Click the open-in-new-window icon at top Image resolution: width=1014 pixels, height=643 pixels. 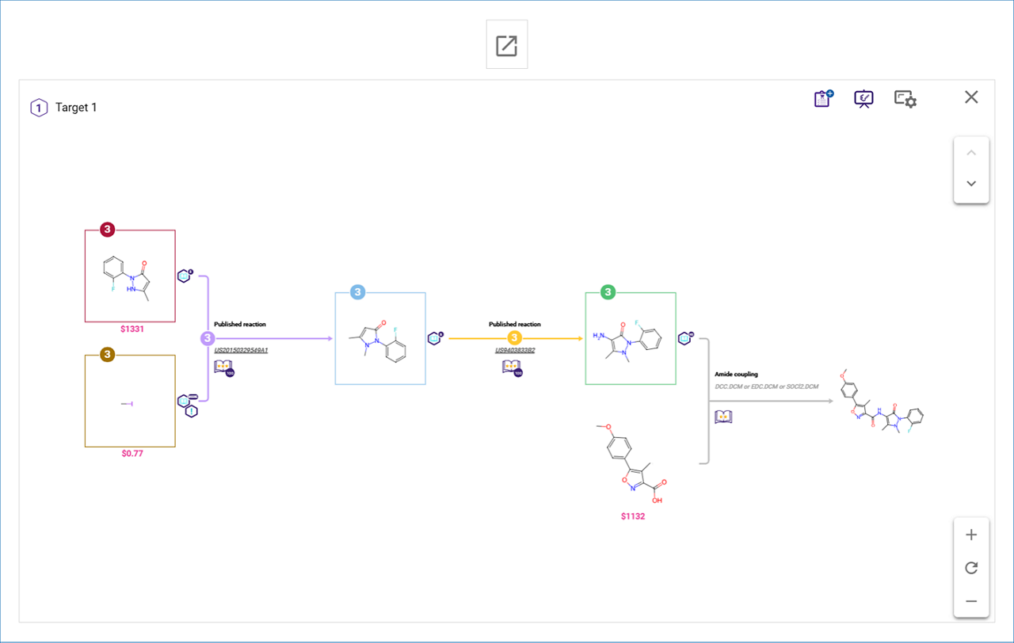tap(506, 46)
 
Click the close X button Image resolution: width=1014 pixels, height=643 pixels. tap(971, 97)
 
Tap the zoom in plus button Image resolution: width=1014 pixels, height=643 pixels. tap(971, 535)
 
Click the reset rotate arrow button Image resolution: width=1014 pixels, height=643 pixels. tap(971, 568)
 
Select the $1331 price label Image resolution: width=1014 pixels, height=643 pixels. tap(132, 329)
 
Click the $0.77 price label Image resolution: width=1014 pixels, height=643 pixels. tap(132, 454)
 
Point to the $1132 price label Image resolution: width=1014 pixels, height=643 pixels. tap(633, 516)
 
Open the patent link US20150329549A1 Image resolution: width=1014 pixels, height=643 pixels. tap(241, 350)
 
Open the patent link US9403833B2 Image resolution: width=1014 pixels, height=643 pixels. tap(515, 350)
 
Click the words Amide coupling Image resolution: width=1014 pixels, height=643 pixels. tap(736, 374)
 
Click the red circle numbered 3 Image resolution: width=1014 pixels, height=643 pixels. tap(108, 230)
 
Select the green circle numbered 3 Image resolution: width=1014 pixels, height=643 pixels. tap(608, 292)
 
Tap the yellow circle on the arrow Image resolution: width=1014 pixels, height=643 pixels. tap(514, 338)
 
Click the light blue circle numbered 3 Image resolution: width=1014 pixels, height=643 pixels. tap(358, 292)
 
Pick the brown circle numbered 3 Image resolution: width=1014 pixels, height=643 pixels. tap(107, 354)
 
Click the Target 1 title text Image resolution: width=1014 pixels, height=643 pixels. tap(76, 108)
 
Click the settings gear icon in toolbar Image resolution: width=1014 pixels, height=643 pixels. tap(905, 99)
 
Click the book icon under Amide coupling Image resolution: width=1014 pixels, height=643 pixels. tap(722, 417)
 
